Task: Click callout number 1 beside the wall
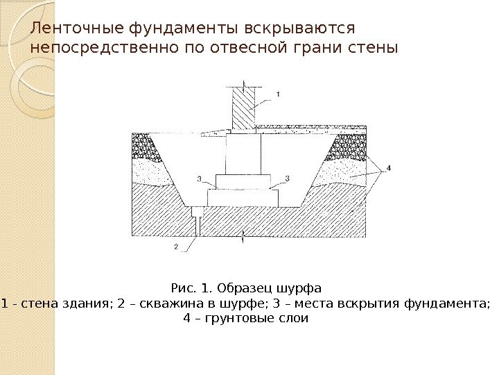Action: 279,93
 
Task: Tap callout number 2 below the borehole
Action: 176,246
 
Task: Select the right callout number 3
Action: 287,179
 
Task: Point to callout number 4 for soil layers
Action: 388,167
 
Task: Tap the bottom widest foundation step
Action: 243,197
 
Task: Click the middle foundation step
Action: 243,181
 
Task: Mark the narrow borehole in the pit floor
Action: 198,221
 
